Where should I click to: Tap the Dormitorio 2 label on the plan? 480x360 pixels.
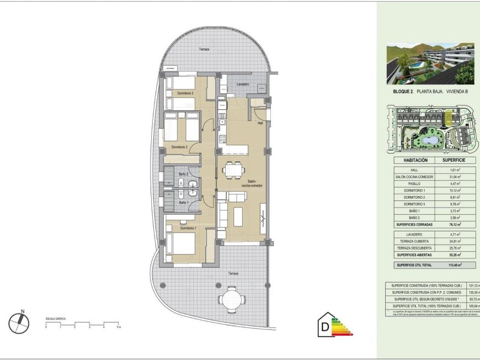(180, 147)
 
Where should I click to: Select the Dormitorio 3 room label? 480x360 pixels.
(185, 93)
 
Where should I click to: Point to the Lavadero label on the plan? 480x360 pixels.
(242, 84)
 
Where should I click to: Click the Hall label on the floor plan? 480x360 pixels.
(260, 123)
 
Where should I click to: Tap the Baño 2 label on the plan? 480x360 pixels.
(183, 174)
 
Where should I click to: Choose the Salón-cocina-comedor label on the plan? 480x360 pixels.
(254, 183)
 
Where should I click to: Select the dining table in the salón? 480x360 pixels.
(232, 168)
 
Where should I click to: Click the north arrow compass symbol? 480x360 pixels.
(19, 323)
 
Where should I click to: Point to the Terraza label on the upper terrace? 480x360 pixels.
(205, 50)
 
